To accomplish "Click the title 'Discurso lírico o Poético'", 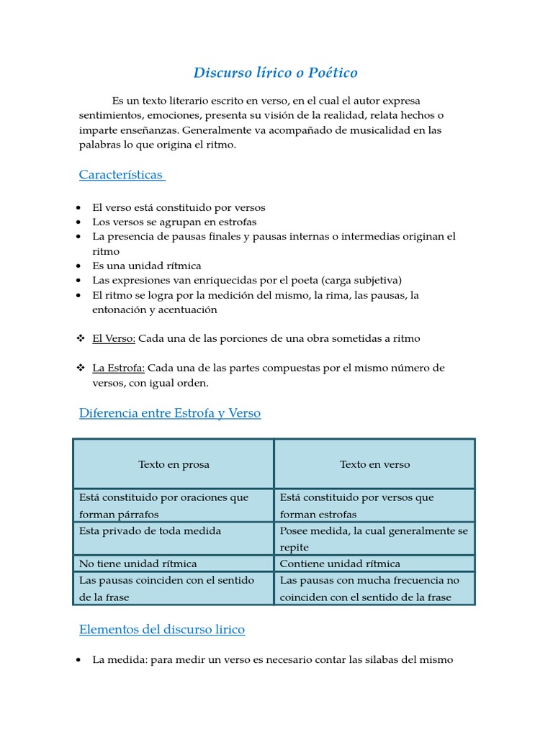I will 276,73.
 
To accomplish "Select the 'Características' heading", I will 122,175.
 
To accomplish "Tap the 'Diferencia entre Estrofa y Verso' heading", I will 170,413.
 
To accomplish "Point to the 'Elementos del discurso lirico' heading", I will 162,630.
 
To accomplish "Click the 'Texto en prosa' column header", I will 174,465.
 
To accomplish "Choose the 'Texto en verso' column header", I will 374,465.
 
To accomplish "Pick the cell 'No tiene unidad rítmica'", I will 138,564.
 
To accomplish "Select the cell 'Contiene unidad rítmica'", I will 340,564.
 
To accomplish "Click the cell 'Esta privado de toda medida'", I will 150,530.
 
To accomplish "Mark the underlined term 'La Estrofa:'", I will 119,368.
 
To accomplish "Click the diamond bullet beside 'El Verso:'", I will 81,338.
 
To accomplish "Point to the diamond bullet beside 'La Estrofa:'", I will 81,368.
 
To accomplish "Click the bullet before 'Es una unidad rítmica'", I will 78,266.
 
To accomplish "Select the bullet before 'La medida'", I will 78,659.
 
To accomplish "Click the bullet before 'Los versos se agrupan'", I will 78,222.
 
